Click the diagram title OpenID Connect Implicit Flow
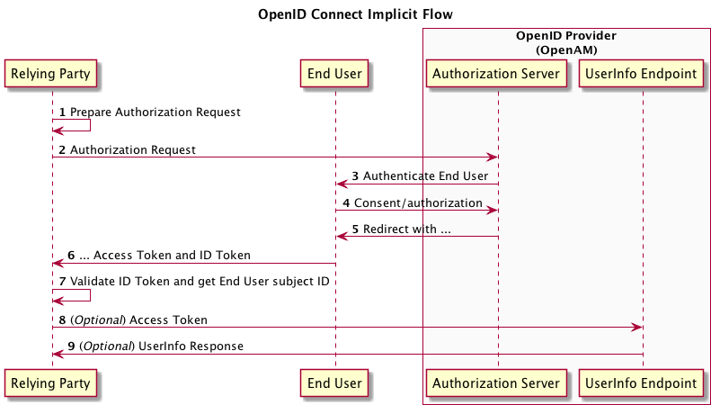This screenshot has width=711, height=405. [x=355, y=14]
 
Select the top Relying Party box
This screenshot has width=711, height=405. [x=51, y=75]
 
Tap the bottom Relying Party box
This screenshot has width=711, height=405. [x=51, y=382]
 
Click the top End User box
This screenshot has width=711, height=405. [x=335, y=75]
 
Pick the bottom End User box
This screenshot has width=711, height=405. [x=335, y=382]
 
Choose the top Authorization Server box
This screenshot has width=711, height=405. [x=498, y=75]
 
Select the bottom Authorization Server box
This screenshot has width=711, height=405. [x=498, y=382]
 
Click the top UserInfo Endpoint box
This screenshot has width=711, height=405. [x=643, y=75]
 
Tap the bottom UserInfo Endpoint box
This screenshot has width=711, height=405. [x=643, y=382]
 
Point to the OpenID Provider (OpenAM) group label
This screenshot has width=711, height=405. [x=565, y=42]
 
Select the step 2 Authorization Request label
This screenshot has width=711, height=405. [x=132, y=149]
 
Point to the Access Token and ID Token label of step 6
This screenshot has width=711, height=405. [x=171, y=256]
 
